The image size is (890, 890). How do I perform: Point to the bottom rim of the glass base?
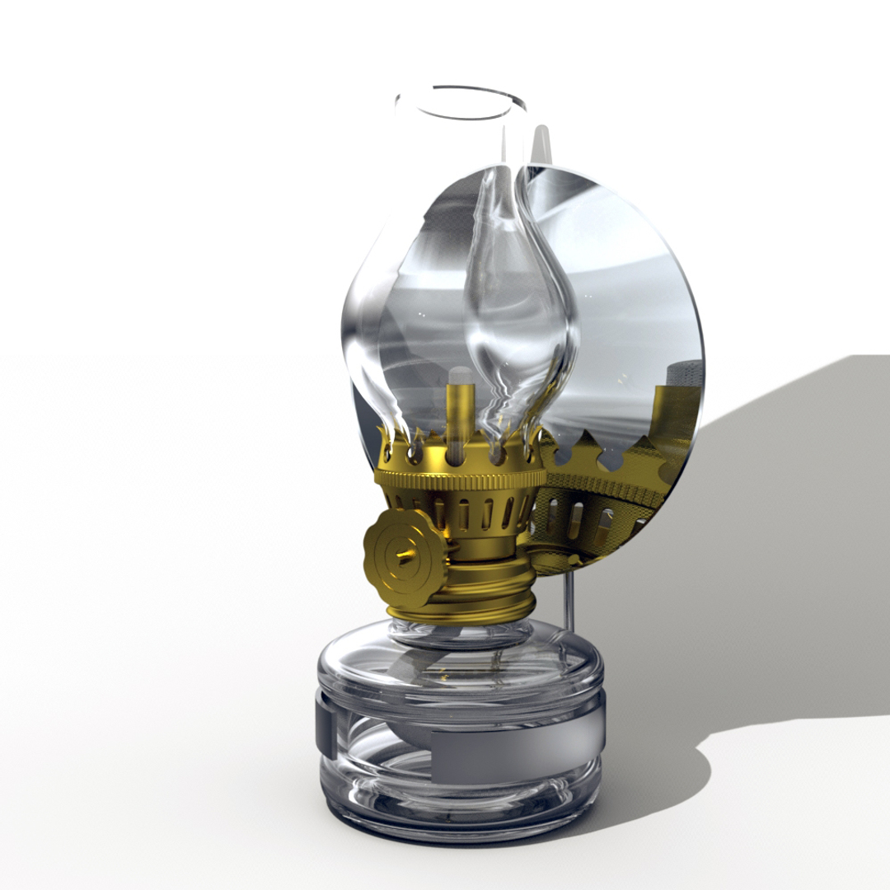pos(461,828)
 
